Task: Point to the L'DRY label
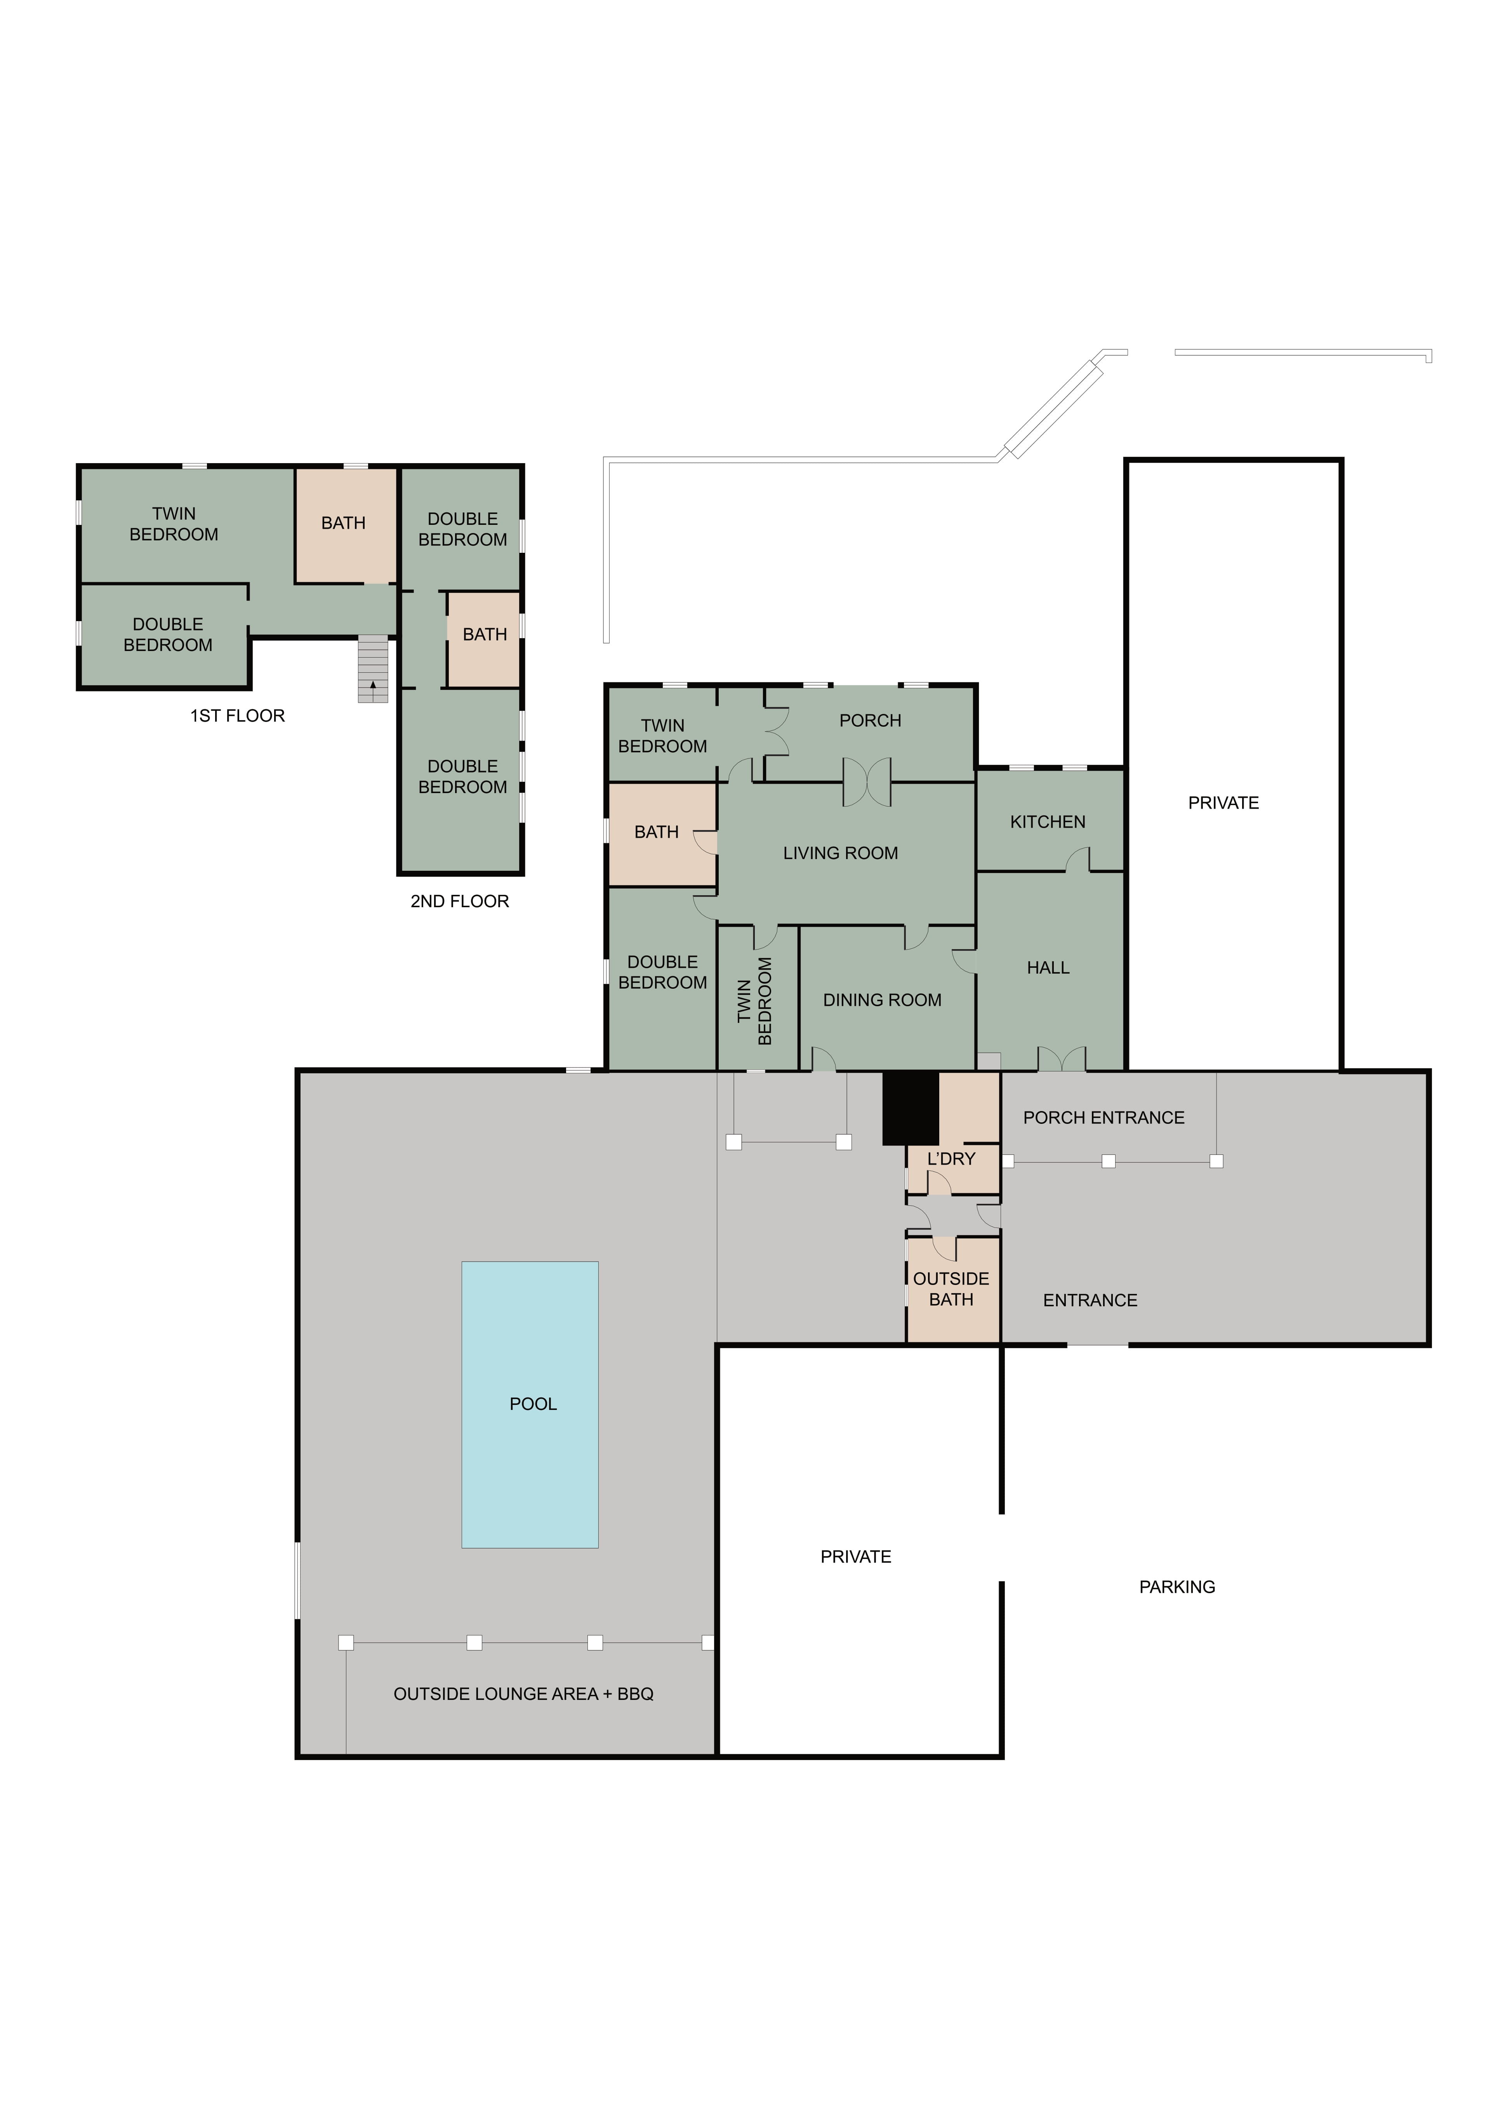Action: click(x=951, y=1159)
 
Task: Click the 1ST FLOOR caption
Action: click(x=237, y=716)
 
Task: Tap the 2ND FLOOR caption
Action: click(x=459, y=901)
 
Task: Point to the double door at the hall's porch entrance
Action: click(x=1062, y=1059)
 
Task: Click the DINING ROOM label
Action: click(x=882, y=1000)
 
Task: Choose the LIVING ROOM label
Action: click(x=840, y=853)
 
